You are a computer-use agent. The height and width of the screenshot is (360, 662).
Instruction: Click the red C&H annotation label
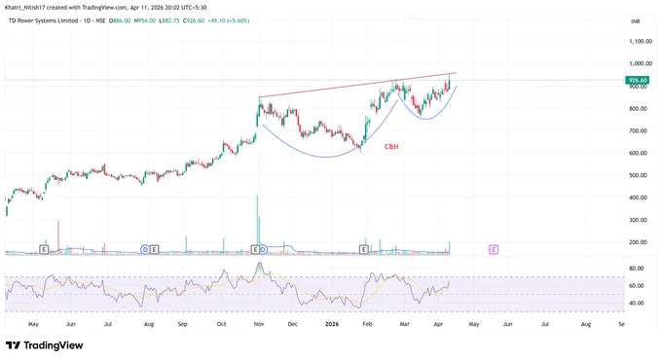point(391,147)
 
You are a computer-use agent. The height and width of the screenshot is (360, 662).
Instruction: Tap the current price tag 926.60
point(637,80)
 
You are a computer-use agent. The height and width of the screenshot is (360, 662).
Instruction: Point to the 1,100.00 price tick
point(640,42)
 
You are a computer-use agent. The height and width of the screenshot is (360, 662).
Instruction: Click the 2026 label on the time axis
point(332,324)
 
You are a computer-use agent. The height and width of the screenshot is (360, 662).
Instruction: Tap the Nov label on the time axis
point(259,324)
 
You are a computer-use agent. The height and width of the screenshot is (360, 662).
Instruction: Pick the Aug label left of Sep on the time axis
point(149,324)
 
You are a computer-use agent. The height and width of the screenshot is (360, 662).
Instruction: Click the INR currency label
point(635,21)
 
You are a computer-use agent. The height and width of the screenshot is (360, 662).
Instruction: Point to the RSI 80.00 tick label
point(637,269)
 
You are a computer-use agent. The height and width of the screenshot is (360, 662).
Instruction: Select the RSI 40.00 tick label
point(637,303)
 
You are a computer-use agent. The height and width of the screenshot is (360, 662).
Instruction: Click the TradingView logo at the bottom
point(45,345)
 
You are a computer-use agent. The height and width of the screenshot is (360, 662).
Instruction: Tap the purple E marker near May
point(494,249)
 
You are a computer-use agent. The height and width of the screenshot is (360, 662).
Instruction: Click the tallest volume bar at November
point(257,225)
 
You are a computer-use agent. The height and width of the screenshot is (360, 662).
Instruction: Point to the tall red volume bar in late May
point(58,237)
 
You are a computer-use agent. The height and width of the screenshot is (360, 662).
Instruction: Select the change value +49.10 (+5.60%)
point(229,20)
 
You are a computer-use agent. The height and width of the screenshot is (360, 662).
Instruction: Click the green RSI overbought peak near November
point(260,268)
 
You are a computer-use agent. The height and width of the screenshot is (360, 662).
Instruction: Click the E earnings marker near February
point(363,249)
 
